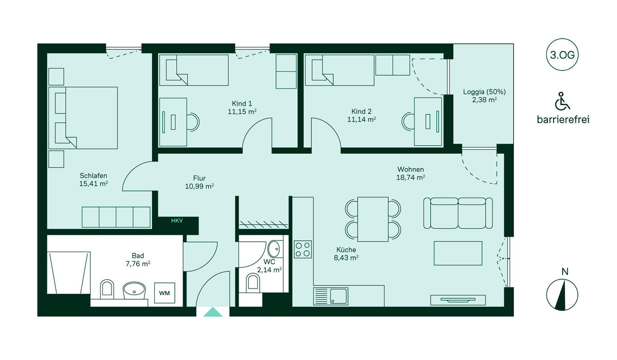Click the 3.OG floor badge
point(562,55)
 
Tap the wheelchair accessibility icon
point(562,101)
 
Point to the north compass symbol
point(562,295)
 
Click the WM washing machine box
point(165,293)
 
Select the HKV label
point(177,221)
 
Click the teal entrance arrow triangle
point(213,312)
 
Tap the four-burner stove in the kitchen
point(303,249)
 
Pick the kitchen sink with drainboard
point(331,296)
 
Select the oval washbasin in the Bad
point(134,290)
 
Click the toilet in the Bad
point(107,289)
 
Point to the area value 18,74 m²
point(410,177)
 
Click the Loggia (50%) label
point(484,92)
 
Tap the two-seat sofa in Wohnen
point(458,213)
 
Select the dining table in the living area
point(373,219)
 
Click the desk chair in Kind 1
point(193,121)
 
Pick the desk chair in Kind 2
point(408,121)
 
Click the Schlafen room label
point(94,175)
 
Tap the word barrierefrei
point(563,120)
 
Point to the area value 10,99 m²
point(199,187)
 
